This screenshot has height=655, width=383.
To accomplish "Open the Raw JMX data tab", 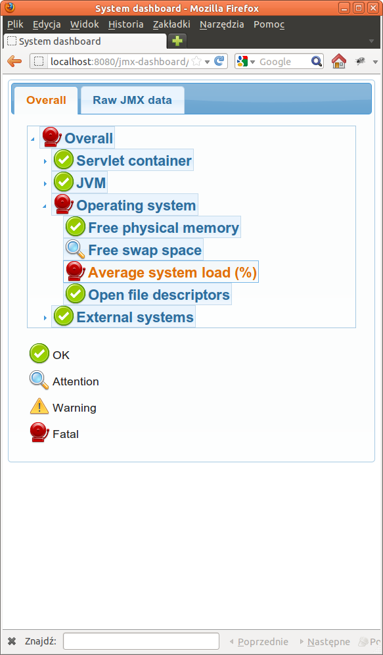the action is pyautogui.click(x=132, y=100).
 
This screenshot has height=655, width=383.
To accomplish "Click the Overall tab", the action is pyautogui.click(x=46, y=100).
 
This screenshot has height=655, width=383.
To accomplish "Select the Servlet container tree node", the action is pyautogui.click(x=134, y=160).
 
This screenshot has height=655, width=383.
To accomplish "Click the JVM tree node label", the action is pyautogui.click(x=91, y=183).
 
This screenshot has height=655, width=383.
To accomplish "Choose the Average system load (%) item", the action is pyautogui.click(x=172, y=272).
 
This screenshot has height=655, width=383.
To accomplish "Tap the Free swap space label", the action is pyautogui.click(x=145, y=250).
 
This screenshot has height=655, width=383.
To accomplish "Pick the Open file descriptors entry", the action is pyautogui.click(x=159, y=295).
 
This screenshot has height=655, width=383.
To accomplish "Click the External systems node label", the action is pyautogui.click(x=135, y=317).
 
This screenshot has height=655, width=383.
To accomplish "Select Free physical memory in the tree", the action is pyautogui.click(x=164, y=228).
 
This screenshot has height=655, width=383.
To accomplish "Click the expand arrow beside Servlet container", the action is pyautogui.click(x=45, y=161).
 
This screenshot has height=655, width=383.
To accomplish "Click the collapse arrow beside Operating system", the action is pyautogui.click(x=45, y=206).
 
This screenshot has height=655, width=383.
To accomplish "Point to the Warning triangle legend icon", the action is pyautogui.click(x=39, y=406).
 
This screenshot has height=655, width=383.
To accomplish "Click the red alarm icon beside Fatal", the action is pyautogui.click(x=39, y=432).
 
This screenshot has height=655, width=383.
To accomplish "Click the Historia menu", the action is pyautogui.click(x=125, y=24).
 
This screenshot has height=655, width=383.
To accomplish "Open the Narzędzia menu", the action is pyautogui.click(x=221, y=24).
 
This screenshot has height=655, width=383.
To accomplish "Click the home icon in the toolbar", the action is pyautogui.click(x=339, y=61).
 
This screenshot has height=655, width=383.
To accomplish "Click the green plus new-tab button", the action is pyautogui.click(x=177, y=41).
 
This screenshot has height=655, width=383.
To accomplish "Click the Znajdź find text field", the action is pyautogui.click(x=141, y=641).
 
